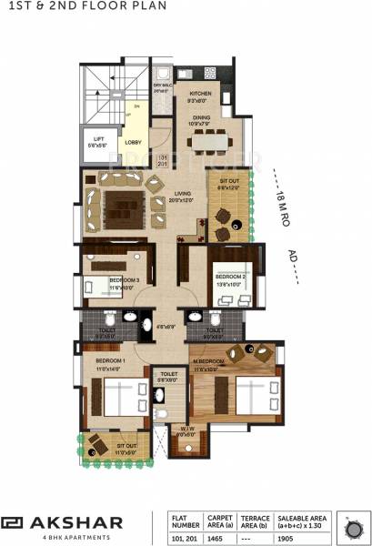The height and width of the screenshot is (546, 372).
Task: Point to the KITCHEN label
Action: (200, 93)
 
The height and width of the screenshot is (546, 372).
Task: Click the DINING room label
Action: (200, 116)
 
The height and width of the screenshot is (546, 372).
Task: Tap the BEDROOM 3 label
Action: (124, 280)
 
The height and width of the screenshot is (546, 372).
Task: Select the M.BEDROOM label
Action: (208, 361)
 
